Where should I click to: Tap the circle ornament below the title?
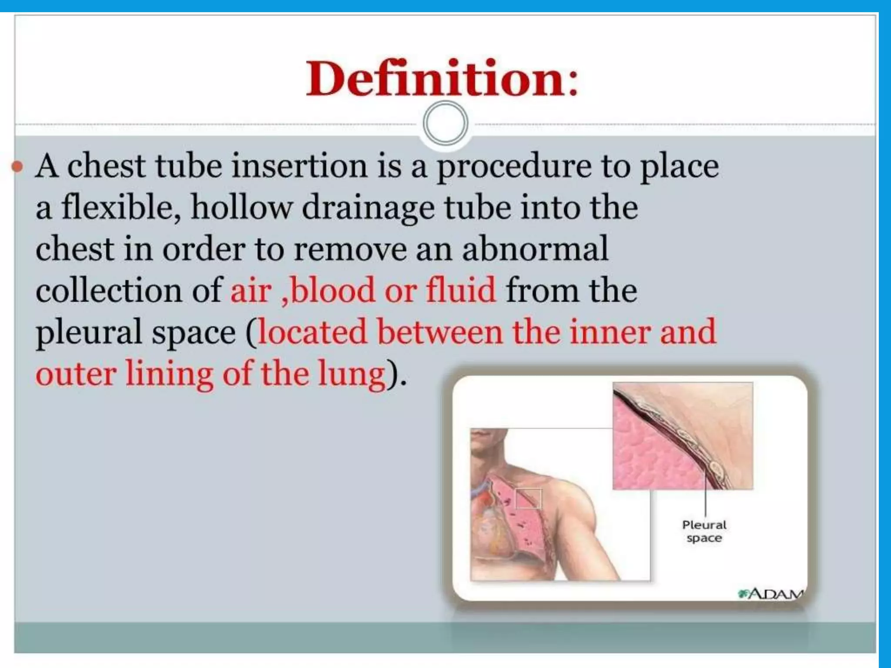445,124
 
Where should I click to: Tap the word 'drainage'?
368,208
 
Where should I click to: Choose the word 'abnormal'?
535,249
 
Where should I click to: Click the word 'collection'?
109,291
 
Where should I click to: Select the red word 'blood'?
333,291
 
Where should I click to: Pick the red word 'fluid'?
461,291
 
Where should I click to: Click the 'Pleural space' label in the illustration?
704,531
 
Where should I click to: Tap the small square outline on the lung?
528,499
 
